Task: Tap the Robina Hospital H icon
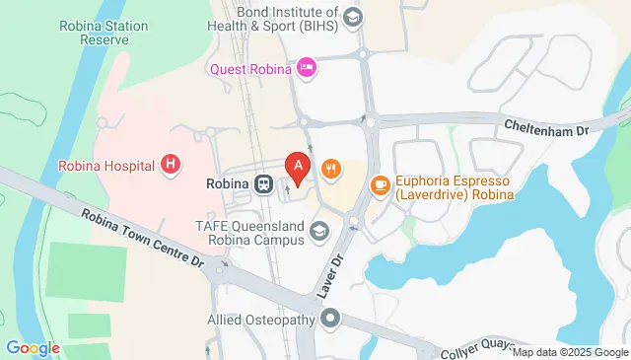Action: [172, 164]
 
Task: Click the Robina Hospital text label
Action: [105, 165]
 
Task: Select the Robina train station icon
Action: [263, 183]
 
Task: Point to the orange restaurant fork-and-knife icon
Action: [331, 169]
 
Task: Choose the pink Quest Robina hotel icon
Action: [307, 67]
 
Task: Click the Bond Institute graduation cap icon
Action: [354, 17]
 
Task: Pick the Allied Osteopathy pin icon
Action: [329, 319]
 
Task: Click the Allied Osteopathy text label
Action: [262, 320]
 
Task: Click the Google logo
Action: [33, 348]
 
